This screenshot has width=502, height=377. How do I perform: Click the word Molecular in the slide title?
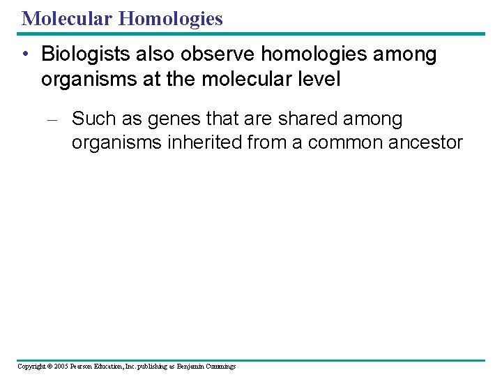[x=67, y=18]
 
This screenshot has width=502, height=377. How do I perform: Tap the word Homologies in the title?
[x=171, y=18]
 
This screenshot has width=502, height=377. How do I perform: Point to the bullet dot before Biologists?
[x=25, y=54]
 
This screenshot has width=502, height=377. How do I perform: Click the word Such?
[x=94, y=119]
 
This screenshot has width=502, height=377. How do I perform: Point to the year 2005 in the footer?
[x=61, y=367]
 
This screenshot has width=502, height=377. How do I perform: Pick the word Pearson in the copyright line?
[x=84, y=367]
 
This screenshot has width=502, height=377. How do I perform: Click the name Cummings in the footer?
[x=219, y=367]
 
